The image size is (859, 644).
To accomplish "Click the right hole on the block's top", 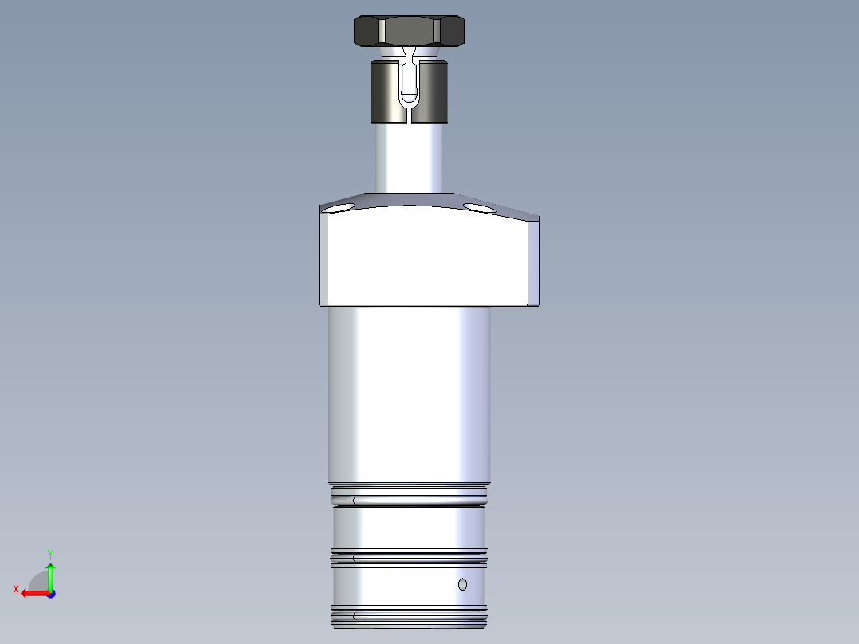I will point(478,208).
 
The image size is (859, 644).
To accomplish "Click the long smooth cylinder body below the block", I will point(408,395).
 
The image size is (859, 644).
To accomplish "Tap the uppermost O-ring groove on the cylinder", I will point(408,501).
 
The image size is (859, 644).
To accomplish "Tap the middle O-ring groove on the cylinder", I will point(408,557).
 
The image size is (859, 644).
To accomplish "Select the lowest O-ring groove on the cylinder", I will point(408,616).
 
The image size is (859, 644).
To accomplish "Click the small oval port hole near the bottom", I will point(462,585).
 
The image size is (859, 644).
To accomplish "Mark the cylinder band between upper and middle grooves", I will point(408,528).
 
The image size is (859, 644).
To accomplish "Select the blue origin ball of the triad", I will point(50,594).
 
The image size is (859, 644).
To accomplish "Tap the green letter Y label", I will point(49,553).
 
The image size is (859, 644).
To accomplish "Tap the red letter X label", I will point(16,589).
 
